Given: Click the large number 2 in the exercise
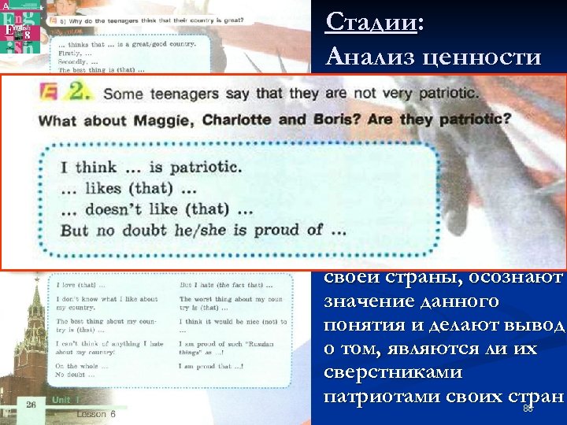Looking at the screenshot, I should click(77, 94).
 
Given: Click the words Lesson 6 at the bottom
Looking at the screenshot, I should click(95, 413).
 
